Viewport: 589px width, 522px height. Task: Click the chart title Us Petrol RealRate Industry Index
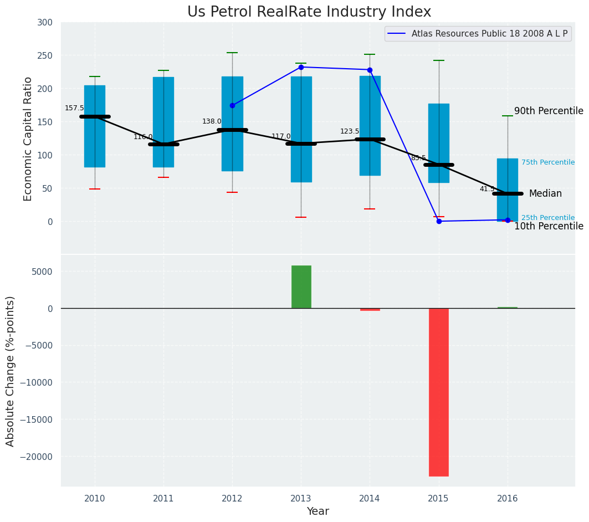point(309,12)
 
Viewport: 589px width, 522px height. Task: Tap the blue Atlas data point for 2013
point(301,67)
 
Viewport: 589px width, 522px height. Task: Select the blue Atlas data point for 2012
point(232,105)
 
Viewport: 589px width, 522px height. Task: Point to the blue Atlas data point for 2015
point(439,221)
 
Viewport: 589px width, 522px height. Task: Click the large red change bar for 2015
point(439,392)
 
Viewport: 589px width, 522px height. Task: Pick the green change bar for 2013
point(301,286)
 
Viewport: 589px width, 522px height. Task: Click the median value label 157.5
point(74,109)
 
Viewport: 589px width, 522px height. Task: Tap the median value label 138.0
point(212,122)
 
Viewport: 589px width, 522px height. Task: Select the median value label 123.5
point(350,132)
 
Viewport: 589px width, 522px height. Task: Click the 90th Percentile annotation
point(549,111)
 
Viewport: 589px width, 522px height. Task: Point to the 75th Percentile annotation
point(547,162)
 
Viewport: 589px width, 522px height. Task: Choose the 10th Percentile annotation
point(549,226)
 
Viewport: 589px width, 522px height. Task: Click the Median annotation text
point(545,194)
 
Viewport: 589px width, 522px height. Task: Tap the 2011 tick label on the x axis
point(163,498)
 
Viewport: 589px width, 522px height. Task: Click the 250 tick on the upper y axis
point(45,55)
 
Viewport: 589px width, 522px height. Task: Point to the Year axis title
point(317,511)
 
